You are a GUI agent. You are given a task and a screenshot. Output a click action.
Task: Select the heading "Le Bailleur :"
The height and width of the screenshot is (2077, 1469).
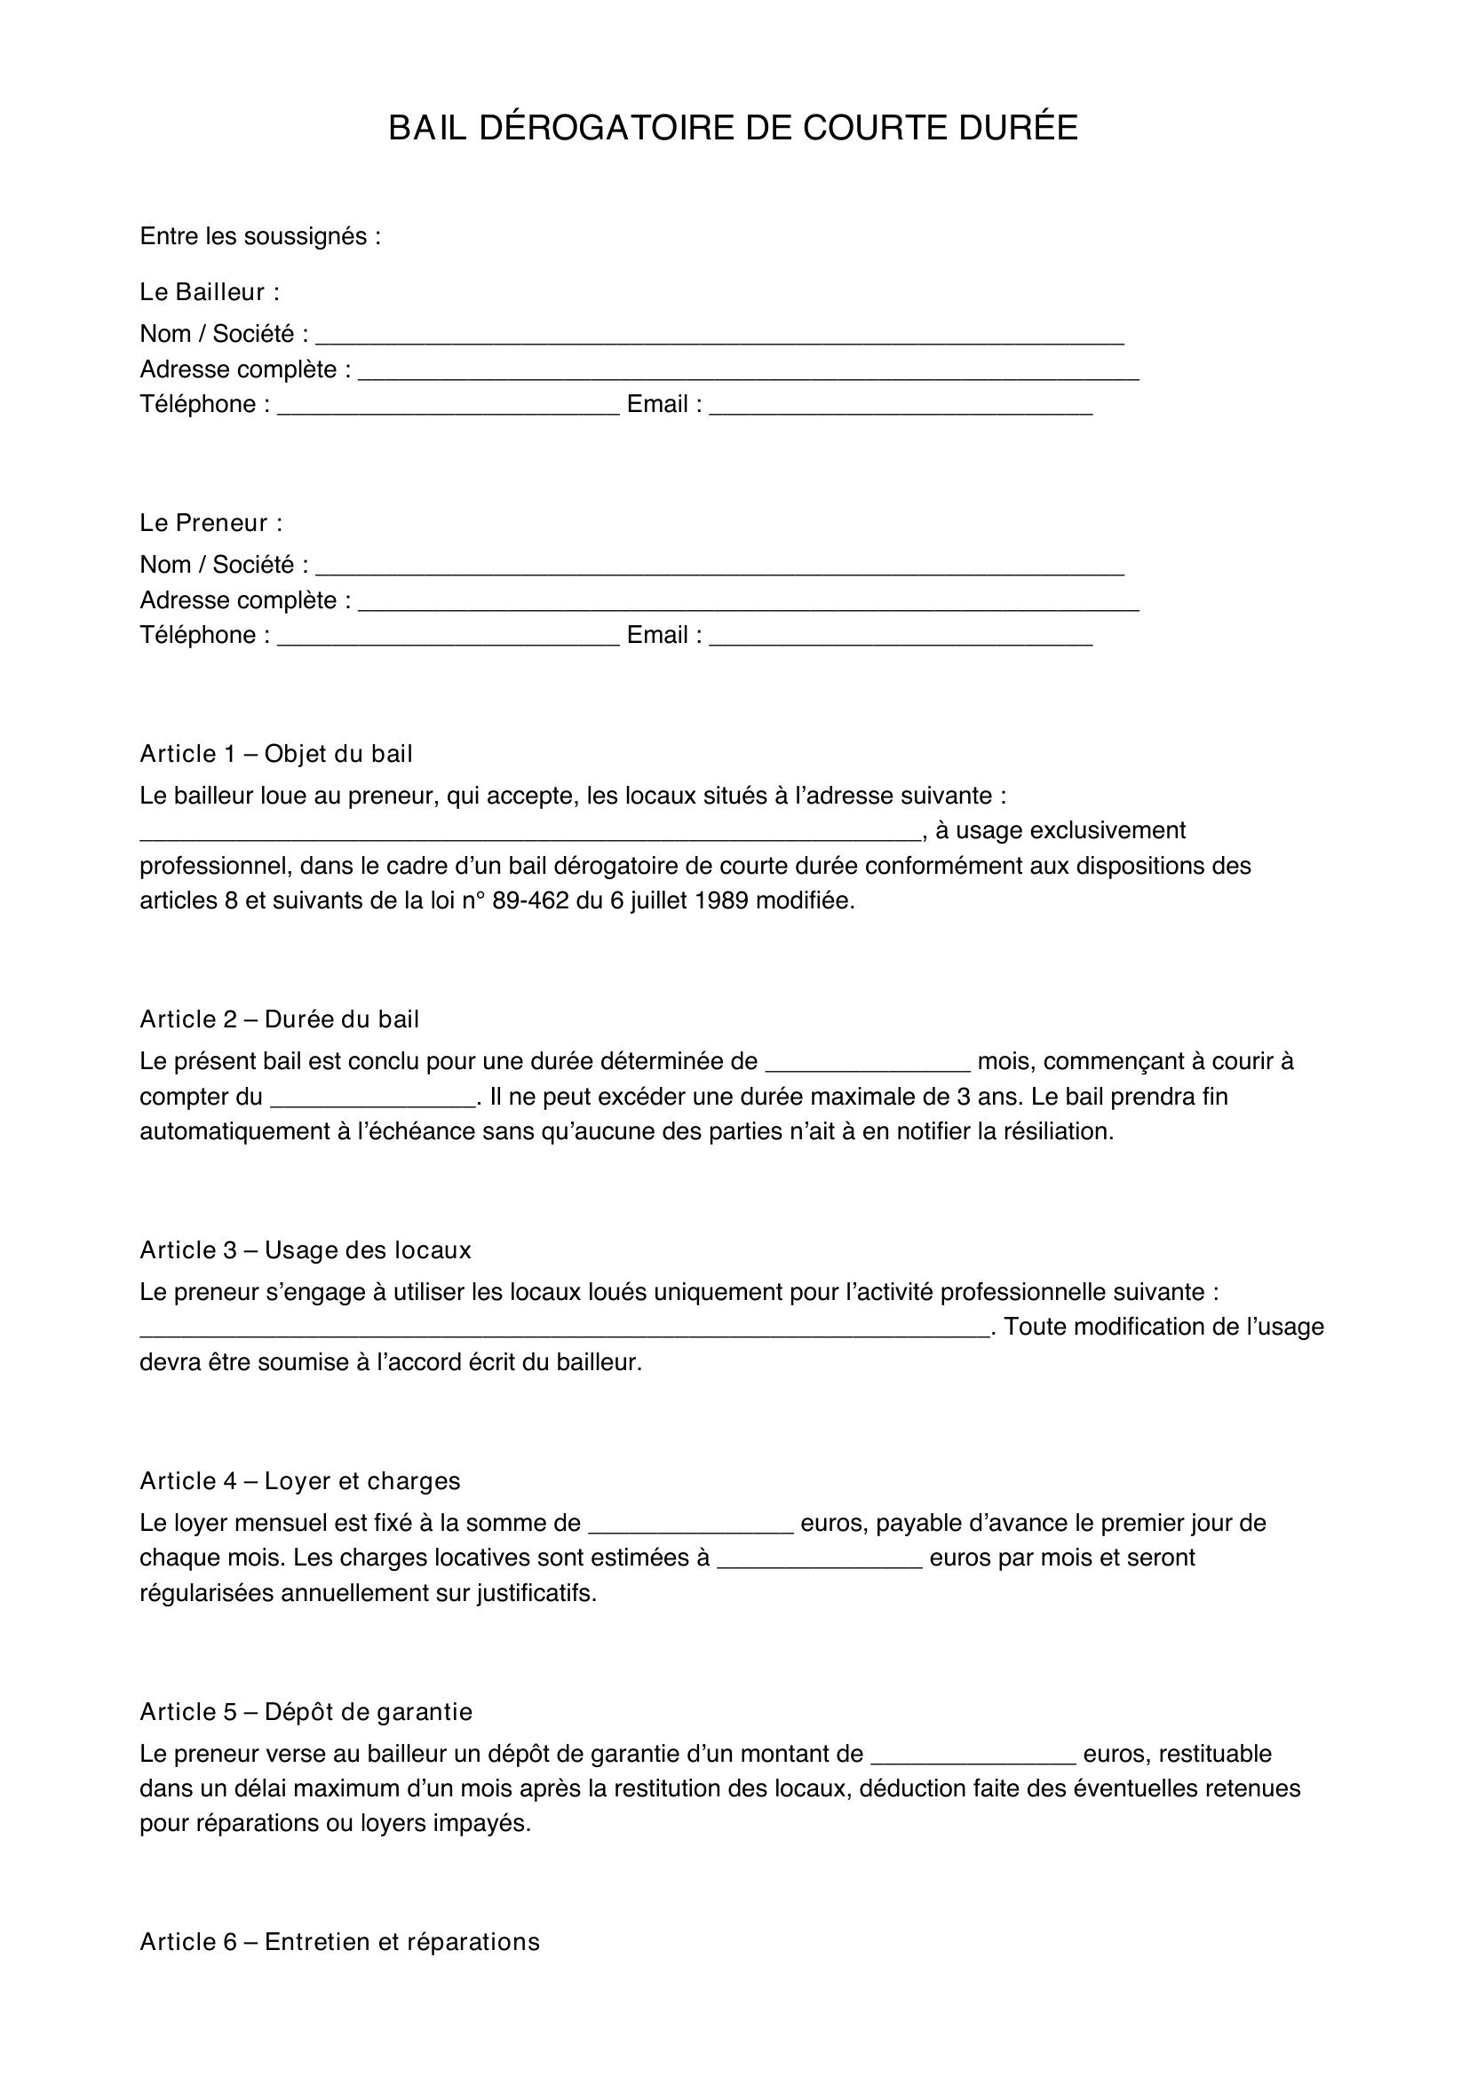coord(209,292)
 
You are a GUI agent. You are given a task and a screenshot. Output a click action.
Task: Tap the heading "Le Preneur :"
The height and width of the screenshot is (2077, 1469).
coord(210,523)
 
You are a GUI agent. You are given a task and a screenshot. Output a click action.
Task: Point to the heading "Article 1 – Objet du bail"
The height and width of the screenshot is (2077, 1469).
coord(276,754)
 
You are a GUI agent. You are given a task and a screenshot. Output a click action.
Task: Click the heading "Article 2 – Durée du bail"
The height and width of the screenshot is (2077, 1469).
coord(280,1019)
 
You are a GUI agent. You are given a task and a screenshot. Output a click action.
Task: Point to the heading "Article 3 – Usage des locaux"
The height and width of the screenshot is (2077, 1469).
coord(306,1250)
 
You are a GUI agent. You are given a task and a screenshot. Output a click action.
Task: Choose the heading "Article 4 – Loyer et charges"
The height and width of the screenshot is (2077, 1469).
coord(300,1481)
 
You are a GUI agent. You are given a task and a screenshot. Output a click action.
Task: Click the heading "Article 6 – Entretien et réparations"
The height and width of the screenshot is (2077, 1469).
coord(339,1942)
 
